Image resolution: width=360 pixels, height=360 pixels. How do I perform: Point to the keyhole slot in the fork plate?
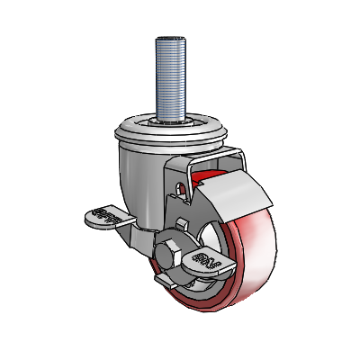(184, 189)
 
